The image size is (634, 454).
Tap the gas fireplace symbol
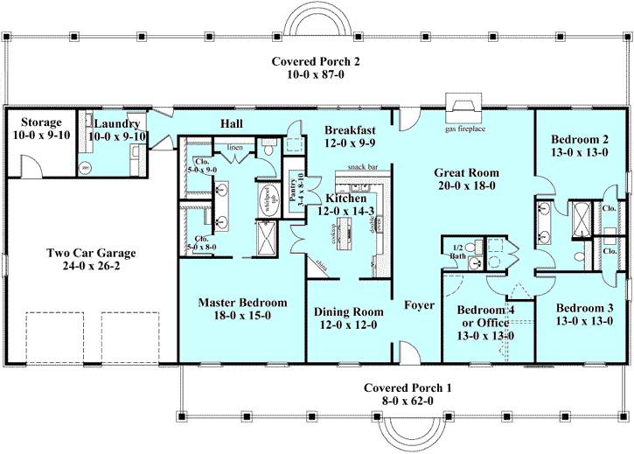pyautogui.click(x=463, y=111)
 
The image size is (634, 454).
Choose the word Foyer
pyautogui.click(x=419, y=306)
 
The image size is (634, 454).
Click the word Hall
pyautogui.click(x=232, y=123)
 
